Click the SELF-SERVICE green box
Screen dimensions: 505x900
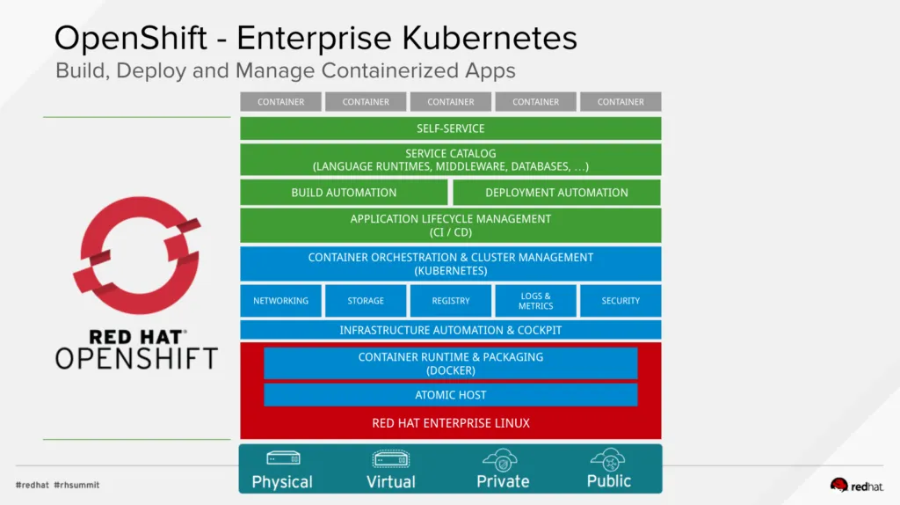450,128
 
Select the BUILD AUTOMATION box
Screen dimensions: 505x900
344,193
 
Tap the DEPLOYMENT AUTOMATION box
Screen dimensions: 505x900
556,193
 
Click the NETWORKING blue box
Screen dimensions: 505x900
280,301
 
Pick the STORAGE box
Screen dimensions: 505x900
366,301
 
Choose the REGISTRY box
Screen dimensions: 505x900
451,301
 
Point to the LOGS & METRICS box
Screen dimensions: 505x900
535,301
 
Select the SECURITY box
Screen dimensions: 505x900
621,301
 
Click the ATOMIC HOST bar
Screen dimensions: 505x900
450,395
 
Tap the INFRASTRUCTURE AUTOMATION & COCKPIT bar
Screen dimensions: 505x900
450,330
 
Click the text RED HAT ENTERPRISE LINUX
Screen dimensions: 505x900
450,423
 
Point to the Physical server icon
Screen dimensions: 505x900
283,458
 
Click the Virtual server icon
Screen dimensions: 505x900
390,458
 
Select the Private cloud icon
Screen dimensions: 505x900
501,459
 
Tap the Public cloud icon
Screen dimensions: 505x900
608,458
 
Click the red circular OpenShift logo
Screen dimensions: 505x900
136,256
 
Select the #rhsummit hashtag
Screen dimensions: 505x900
76,485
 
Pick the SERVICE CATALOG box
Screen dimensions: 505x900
450,159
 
